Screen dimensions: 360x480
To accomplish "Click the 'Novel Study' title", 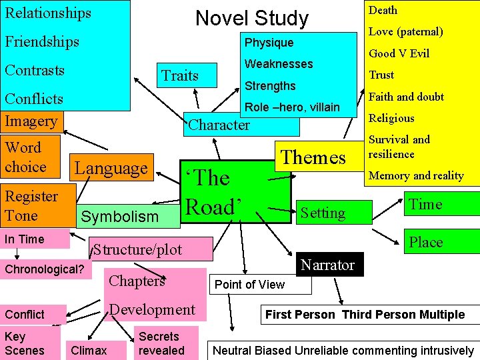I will point(251,18).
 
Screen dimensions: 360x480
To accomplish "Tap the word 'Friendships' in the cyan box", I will point(42,41).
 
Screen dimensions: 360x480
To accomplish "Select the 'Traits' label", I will point(180,75).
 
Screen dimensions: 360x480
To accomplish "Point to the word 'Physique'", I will point(269,43).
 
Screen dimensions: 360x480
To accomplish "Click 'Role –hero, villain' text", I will point(293,107).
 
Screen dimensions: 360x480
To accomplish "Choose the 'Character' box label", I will point(220,125).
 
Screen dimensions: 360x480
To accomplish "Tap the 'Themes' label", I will point(313,157).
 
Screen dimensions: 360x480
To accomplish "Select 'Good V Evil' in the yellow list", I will point(399,53).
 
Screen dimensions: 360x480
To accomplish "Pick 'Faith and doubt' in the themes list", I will point(406,97).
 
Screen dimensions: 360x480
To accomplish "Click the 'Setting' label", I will point(323,213).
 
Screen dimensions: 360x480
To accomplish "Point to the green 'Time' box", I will point(425,205).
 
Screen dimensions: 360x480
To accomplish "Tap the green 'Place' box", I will point(425,242).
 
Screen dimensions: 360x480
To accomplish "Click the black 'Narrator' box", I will point(327,265).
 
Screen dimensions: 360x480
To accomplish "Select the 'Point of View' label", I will point(250,285).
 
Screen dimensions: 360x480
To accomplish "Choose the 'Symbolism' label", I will point(120,216).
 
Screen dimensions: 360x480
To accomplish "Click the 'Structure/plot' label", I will point(137,250).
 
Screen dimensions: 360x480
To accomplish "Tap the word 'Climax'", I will point(89,350).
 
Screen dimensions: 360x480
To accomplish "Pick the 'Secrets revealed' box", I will point(161,343).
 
